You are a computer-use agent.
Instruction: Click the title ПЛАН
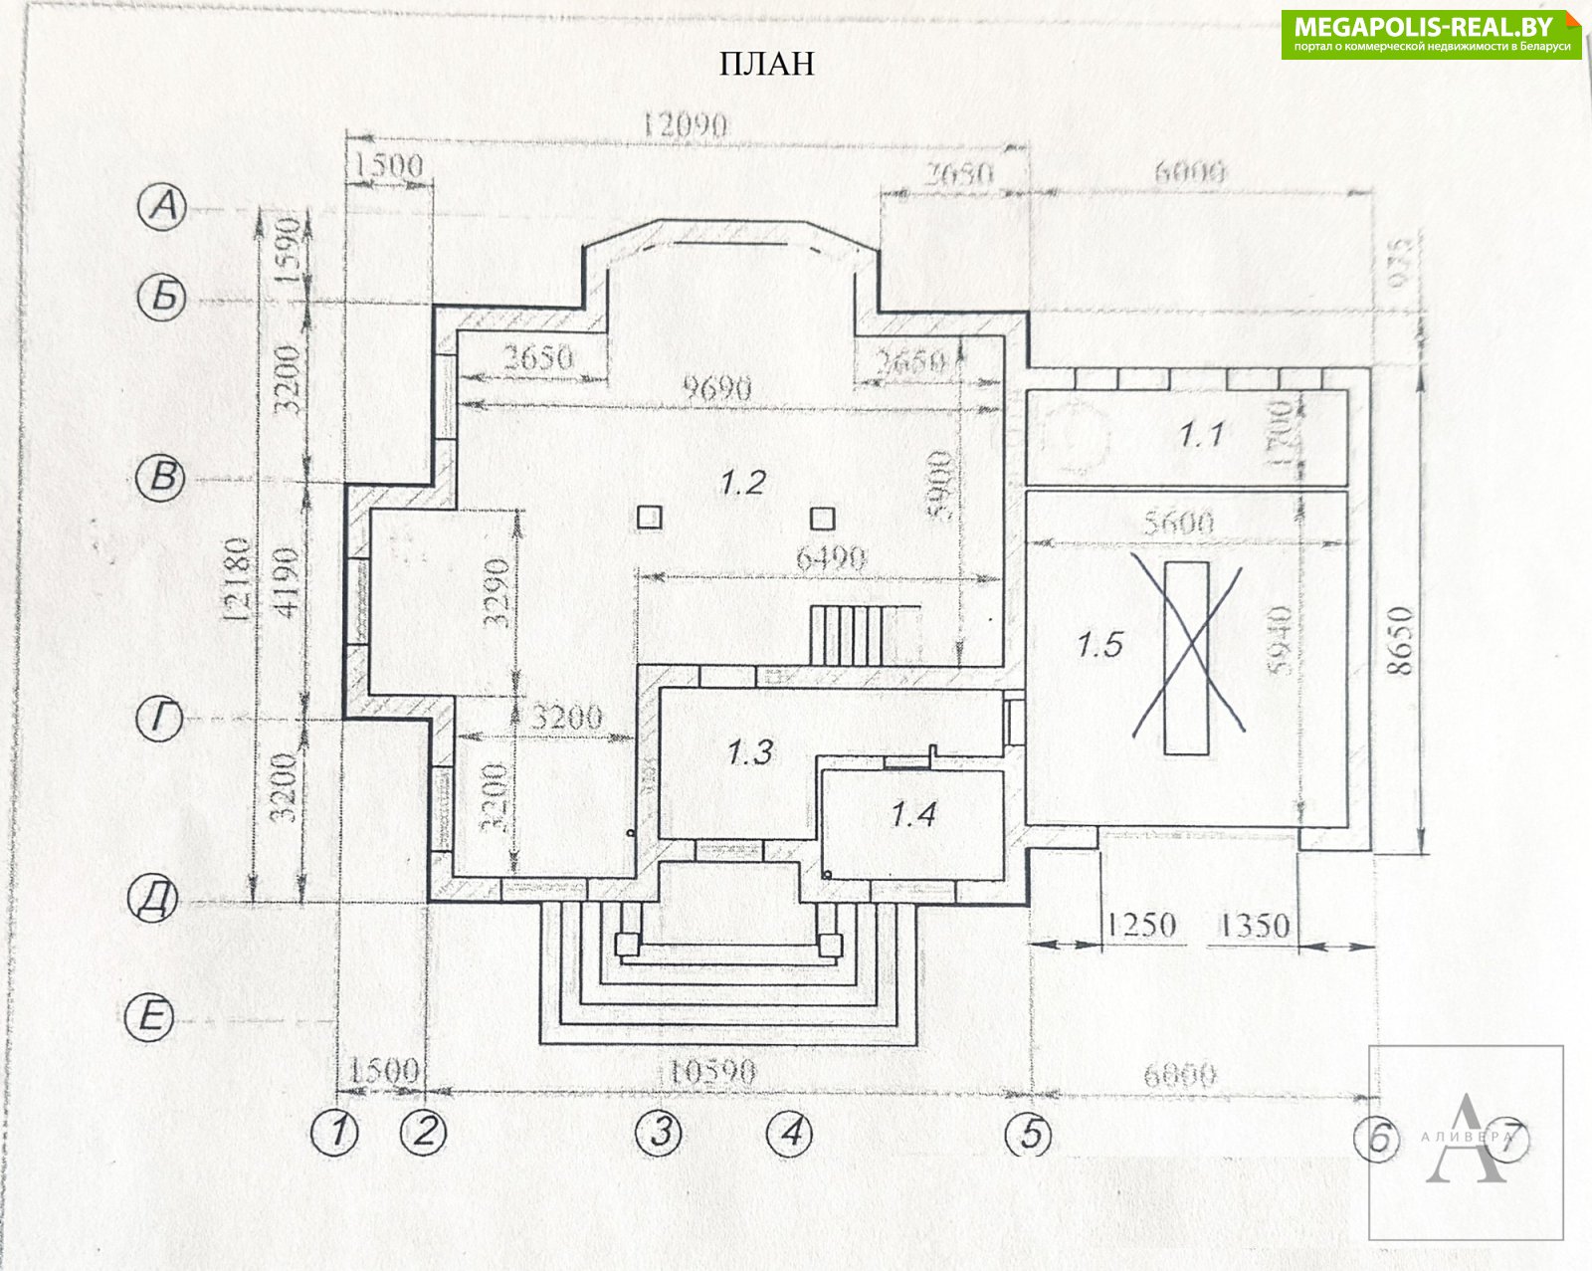(x=766, y=64)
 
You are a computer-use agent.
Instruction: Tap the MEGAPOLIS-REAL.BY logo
(x=1431, y=35)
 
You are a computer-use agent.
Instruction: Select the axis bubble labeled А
(x=164, y=207)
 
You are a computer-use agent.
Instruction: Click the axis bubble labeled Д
(x=155, y=901)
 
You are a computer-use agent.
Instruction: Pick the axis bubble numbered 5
(x=1029, y=1134)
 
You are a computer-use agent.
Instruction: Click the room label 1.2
(x=743, y=483)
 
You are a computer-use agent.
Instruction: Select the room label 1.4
(x=912, y=815)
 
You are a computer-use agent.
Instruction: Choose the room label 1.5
(x=1099, y=645)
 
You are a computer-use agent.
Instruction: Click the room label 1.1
(x=1200, y=435)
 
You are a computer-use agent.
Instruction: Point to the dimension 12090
(x=686, y=126)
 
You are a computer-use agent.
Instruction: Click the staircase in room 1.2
(x=848, y=635)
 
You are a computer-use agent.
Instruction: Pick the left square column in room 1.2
(x=650, y=518)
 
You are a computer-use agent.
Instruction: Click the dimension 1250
(x=1140, y=926)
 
